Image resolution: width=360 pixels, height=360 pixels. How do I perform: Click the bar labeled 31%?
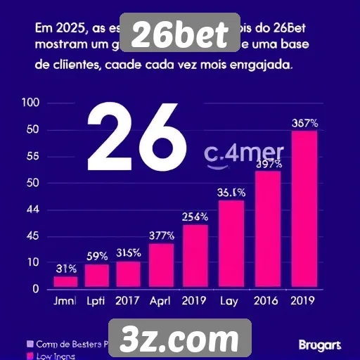(65, 281)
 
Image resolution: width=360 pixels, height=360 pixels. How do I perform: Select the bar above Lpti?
(97, 276)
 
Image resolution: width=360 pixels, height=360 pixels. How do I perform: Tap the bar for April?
(161, 266)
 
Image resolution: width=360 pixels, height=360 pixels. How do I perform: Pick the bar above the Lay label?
(232, 244)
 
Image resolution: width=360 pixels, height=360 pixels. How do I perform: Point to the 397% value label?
(269, 164)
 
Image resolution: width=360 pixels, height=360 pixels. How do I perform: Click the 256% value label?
(195, 217)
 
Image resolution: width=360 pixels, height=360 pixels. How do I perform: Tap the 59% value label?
(97, 256)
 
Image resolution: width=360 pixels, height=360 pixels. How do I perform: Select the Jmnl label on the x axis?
(65, 300)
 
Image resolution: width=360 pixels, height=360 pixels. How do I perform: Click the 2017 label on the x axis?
(128, 300)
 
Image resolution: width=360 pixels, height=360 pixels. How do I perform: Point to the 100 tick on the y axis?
(30, 103)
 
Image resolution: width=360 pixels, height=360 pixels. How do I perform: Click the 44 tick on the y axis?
(30, 210)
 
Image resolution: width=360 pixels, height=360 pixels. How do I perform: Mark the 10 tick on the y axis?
(30, 262)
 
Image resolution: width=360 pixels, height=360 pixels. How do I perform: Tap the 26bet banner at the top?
(180, 34)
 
